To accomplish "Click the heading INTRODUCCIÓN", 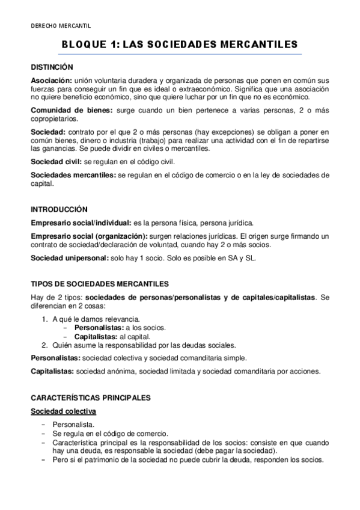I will coord(59,209).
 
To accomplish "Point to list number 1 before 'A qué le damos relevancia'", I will coord(45,318).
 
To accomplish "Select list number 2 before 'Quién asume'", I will coord(45,345).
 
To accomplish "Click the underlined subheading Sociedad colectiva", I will coord(64,411).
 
